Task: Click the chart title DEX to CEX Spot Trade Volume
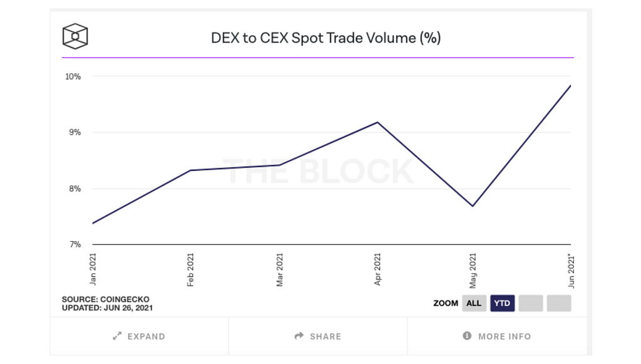326,38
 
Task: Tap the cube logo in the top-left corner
75,36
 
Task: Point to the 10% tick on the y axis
73,76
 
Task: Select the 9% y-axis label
74,132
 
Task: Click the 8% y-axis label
74,189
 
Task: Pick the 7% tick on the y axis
74,244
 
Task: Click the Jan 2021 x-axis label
93,269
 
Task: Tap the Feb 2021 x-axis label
190,269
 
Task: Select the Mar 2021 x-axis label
280,269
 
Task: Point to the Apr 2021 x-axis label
377,269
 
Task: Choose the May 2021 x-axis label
473,269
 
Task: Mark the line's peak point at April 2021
377,122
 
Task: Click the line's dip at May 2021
473,206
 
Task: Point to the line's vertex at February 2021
190,170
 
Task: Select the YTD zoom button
502,303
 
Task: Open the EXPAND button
139,336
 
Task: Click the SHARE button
318,336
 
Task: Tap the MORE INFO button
497,336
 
